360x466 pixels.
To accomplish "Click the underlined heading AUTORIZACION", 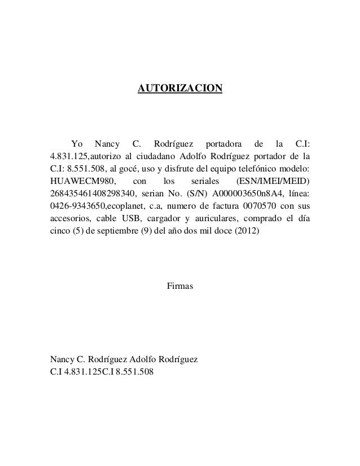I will click(181, 89).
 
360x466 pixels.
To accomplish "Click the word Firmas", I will click(180, 287).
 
